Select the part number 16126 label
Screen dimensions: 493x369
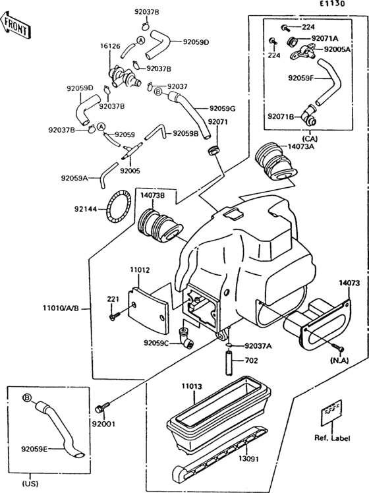click(109, 47)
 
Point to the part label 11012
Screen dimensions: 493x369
click(139, 270)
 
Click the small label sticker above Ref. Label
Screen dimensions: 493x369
click(331, 413)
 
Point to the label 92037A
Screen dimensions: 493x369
click(258, 345)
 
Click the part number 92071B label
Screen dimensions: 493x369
click(281, 117)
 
